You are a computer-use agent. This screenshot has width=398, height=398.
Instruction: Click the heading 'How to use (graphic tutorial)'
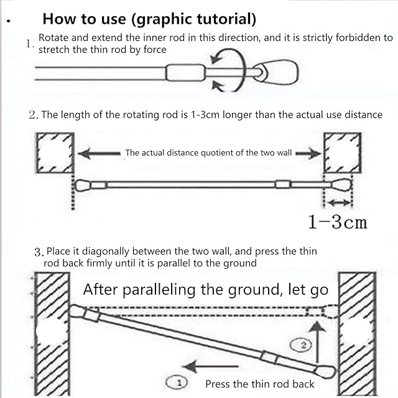click(149, 19)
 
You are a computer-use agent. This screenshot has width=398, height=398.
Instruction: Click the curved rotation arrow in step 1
click(223, 65)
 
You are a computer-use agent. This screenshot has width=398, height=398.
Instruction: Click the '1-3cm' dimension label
click(338, 221)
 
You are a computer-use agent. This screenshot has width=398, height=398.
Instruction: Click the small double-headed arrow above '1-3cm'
click(339, 203)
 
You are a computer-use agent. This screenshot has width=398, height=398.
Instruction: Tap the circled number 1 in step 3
click(176, 381)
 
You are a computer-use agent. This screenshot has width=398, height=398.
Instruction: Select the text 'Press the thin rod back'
click(259, 384)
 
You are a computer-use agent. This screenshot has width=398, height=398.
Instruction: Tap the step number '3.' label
click(39, 252)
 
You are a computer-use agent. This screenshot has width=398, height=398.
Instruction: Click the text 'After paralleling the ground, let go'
click(206, 289)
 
